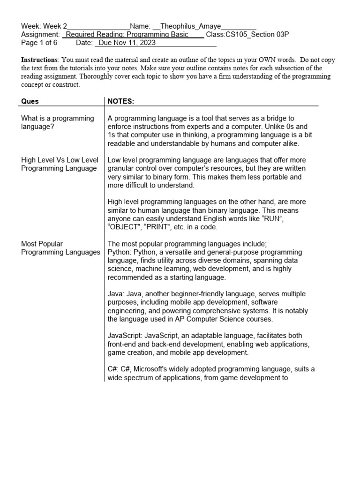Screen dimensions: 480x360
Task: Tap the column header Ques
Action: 30,101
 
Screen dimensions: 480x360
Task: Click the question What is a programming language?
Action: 58,122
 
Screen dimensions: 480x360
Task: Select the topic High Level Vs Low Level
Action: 60,160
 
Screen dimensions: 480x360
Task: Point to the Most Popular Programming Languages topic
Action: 60,248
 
